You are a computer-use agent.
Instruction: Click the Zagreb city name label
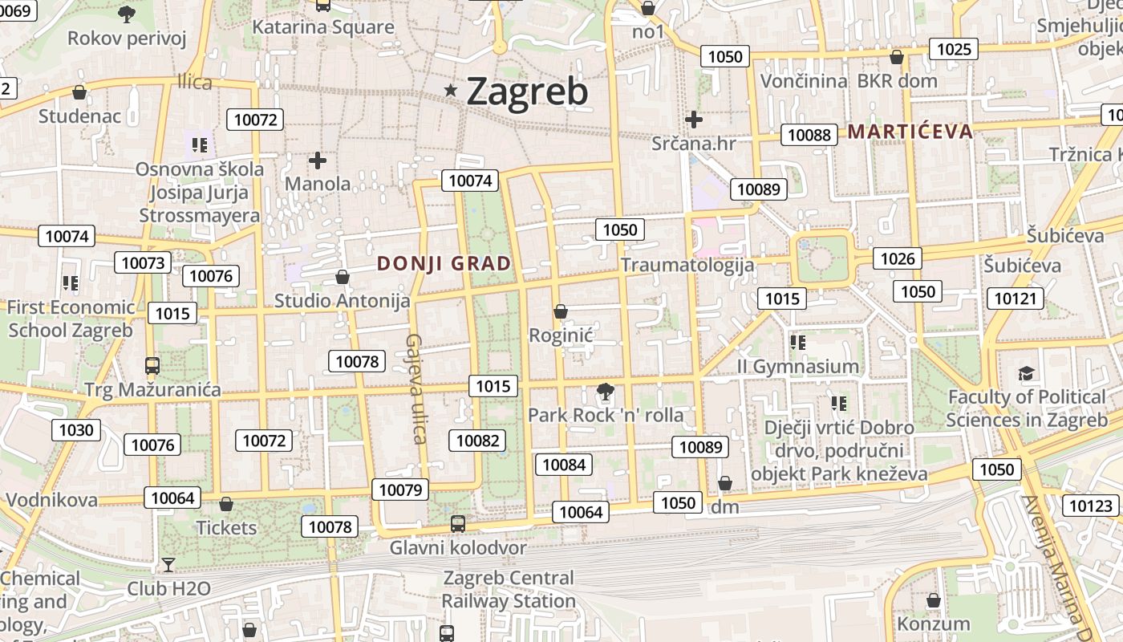point(527,91)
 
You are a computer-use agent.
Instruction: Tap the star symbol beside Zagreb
point(451,91)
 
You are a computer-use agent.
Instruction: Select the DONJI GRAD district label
point(444,263)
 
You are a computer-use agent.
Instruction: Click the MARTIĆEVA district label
point(910,132)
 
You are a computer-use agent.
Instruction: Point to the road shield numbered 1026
point(897,258)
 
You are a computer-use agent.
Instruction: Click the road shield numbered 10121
point(1015,299)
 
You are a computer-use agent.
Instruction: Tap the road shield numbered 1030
point(76,429)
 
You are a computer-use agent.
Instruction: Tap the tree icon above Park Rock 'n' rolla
point(606,392)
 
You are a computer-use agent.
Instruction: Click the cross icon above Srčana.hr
point(694,120)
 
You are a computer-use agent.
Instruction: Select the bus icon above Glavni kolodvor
point(457,524)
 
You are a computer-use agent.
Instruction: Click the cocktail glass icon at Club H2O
point(168,565)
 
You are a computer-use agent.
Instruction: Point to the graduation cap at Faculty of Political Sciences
point(1027,373)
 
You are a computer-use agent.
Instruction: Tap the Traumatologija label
point(687,265)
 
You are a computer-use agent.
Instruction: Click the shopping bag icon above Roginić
point(561,311)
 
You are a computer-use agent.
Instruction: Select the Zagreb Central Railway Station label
point(509,589)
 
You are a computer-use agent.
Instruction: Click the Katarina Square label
point(323,27)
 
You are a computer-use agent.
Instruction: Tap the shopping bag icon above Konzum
point(933,600)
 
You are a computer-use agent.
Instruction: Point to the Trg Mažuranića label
point(152,390)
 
